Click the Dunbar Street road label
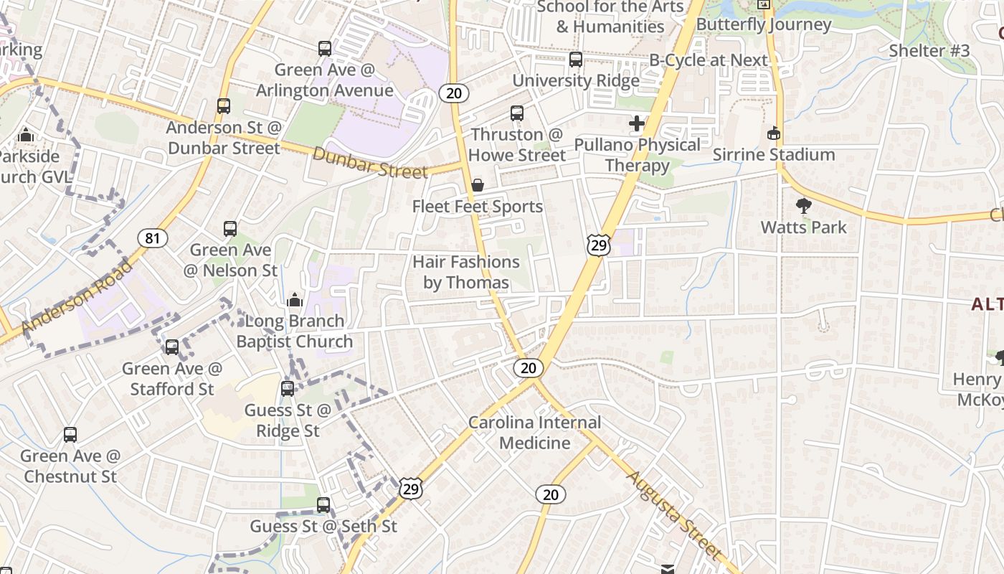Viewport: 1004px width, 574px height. tap(370, 162)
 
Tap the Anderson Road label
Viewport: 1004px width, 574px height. tap(77, 296)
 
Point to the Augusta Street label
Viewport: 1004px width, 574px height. tap(673, 514)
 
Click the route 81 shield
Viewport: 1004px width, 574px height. tap(152, 237)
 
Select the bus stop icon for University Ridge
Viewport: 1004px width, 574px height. tap(576, 60)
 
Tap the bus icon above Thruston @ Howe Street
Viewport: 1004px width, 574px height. tap(517, 113)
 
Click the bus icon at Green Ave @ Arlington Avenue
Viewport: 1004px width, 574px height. tap(325, 49)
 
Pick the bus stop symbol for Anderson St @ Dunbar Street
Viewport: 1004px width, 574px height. tap(224, 106)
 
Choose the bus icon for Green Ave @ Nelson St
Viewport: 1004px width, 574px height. tap(230, 229)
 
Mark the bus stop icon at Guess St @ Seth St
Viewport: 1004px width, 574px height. tap(323, 505)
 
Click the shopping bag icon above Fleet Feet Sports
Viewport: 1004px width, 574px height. tap(478, 186)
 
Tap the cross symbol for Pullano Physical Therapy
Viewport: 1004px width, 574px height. tap(637, 123)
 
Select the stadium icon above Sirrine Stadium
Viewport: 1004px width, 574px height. tap(774, 133)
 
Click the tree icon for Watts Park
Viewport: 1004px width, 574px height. tap(804, 206)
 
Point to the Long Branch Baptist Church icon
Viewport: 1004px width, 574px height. tap(294, 300)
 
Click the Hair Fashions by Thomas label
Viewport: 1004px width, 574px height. tap(466, 272)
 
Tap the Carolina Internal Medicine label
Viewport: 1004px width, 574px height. tap(535, 432)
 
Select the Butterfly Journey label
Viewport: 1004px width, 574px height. tap(764, 24)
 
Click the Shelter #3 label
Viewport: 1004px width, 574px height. tap(929, 50)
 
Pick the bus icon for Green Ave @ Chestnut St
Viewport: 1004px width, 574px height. tap(70, 435)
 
